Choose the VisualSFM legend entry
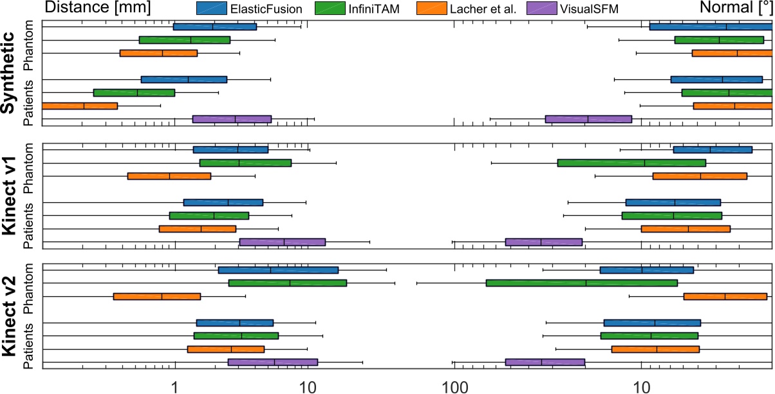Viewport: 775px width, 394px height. click(567, 8)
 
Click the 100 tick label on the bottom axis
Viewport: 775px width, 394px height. click(454, 385)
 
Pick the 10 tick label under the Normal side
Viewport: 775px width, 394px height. click(641, 385)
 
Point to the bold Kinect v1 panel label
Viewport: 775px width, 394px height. click(9, 195)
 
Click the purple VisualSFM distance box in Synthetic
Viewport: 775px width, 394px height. click(232, 119)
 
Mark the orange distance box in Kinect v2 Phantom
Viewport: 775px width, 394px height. click(157, 296)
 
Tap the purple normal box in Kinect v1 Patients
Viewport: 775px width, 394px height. click(543, 242)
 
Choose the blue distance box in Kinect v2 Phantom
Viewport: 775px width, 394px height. click(278, 270)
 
